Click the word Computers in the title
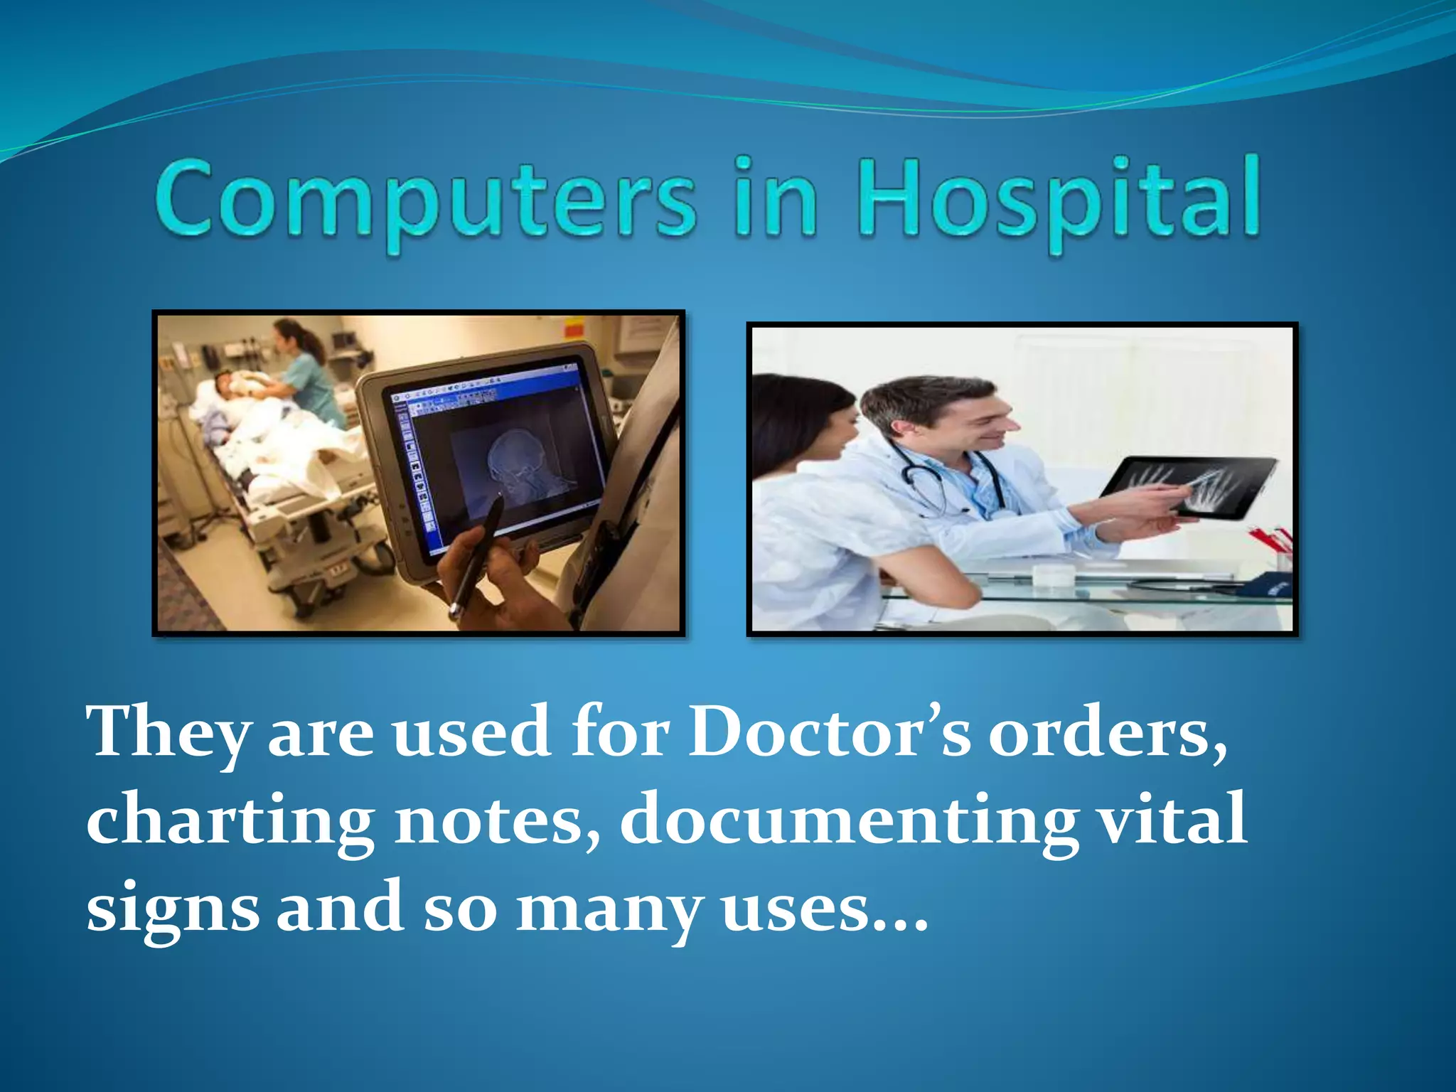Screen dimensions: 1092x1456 click(424, 200)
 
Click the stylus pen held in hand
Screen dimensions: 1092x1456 click(478, 555)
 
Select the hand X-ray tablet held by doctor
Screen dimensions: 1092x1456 click(1187, 487)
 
